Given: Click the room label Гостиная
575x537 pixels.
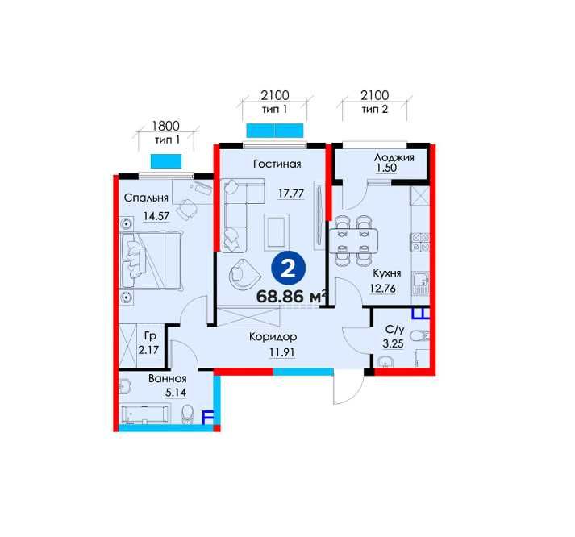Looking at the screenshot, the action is coord(277,164).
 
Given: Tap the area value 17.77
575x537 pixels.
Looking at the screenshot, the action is coord(291,193).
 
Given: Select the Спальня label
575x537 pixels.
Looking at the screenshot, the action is coord(146,198).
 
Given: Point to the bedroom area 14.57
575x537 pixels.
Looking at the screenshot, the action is coord(156,216).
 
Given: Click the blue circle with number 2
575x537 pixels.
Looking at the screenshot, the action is coord(288,269).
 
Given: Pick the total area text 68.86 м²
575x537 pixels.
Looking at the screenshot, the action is coord(292,297).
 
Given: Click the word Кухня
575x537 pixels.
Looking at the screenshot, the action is coord(387,273).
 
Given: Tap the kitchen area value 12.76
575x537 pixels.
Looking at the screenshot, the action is coord(382,289).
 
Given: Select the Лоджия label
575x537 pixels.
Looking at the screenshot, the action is coord(394,157).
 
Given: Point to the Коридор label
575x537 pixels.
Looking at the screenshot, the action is coord(273,336).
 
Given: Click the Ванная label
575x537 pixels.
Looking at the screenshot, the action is coord(168,378).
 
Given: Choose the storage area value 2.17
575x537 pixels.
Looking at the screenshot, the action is coord(148,350).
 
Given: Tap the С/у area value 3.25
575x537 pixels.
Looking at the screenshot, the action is coord(393,343).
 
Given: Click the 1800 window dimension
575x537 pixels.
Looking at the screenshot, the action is coord(166,126).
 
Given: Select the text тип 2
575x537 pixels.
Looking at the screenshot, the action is coord(375,109).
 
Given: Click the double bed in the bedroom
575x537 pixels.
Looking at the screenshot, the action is coord(151,260).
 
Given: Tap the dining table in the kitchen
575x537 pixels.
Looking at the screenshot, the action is coord(353,241).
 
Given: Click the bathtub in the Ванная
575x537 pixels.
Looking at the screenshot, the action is coord(145,414).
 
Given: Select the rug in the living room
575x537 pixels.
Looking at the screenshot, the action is coord(276,232).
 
